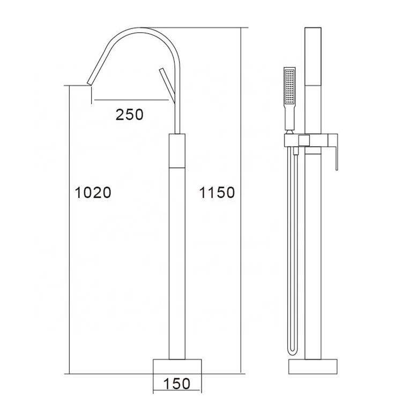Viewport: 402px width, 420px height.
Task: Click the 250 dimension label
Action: pyautogui.click(x=130, y=114)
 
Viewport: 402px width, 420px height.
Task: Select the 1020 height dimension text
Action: pyautogui.click(x=92, y=192)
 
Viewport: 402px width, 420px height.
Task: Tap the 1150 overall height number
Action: pyautogui.click(x=217, y=192)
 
